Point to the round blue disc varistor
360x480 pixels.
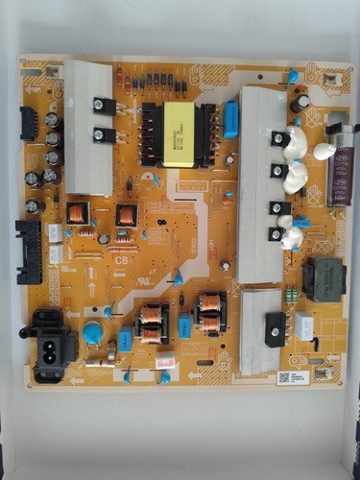(x=92, y=332)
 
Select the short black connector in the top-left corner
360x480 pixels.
(x=28, y=122)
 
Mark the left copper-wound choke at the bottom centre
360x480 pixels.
(x=150, y=323)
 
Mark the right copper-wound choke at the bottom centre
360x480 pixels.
(x=207, y=313)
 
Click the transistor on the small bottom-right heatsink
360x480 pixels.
(x=275, y=328)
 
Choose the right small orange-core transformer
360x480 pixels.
(x=126, y=215)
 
